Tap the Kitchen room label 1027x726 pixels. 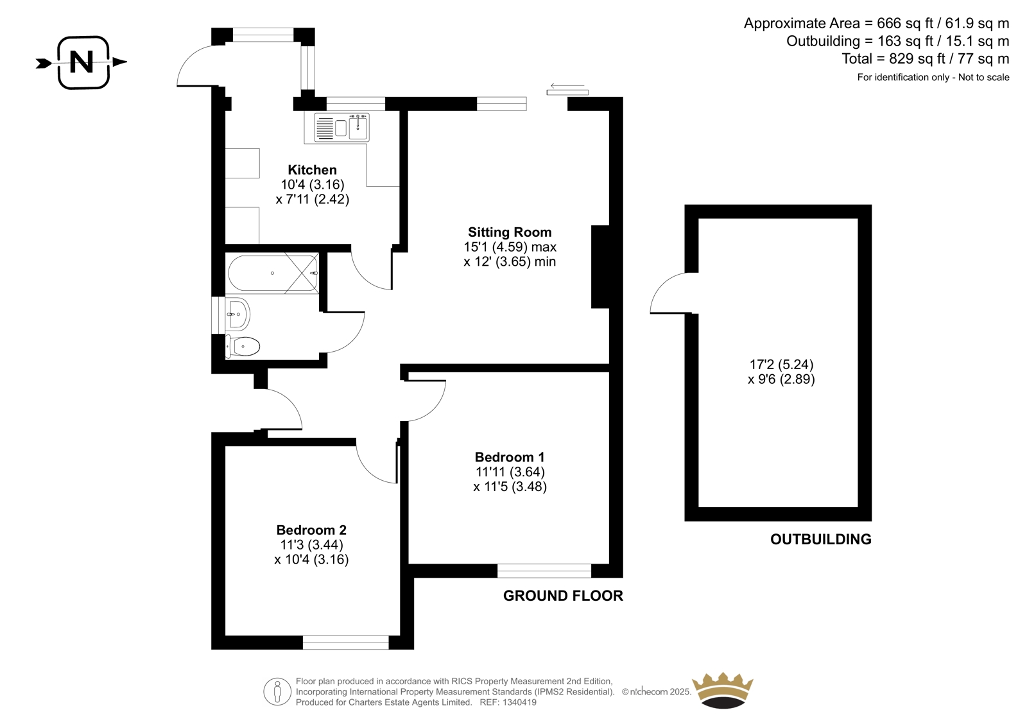point(312,169)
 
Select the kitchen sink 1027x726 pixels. point(341,127)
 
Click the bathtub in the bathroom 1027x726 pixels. point(273,273)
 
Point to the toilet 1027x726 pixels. point(243,346)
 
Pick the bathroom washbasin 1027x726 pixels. point(238,314)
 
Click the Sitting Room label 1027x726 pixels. point(510,232)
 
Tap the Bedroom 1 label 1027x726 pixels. point(510,457)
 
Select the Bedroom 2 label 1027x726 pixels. point(311,530)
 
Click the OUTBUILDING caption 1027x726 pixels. point(821,539)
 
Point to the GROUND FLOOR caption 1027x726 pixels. point(563,596)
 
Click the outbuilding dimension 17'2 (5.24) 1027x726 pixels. point(781,365)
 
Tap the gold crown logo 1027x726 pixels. point(723,690)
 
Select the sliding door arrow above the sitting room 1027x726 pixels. point(567,86)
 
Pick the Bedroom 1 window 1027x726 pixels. point(544,571)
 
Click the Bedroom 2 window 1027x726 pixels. point(346,643)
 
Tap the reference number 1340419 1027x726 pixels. point(519,702)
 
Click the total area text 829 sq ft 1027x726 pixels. point(909,58)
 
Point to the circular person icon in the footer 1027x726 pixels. point(277,691)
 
